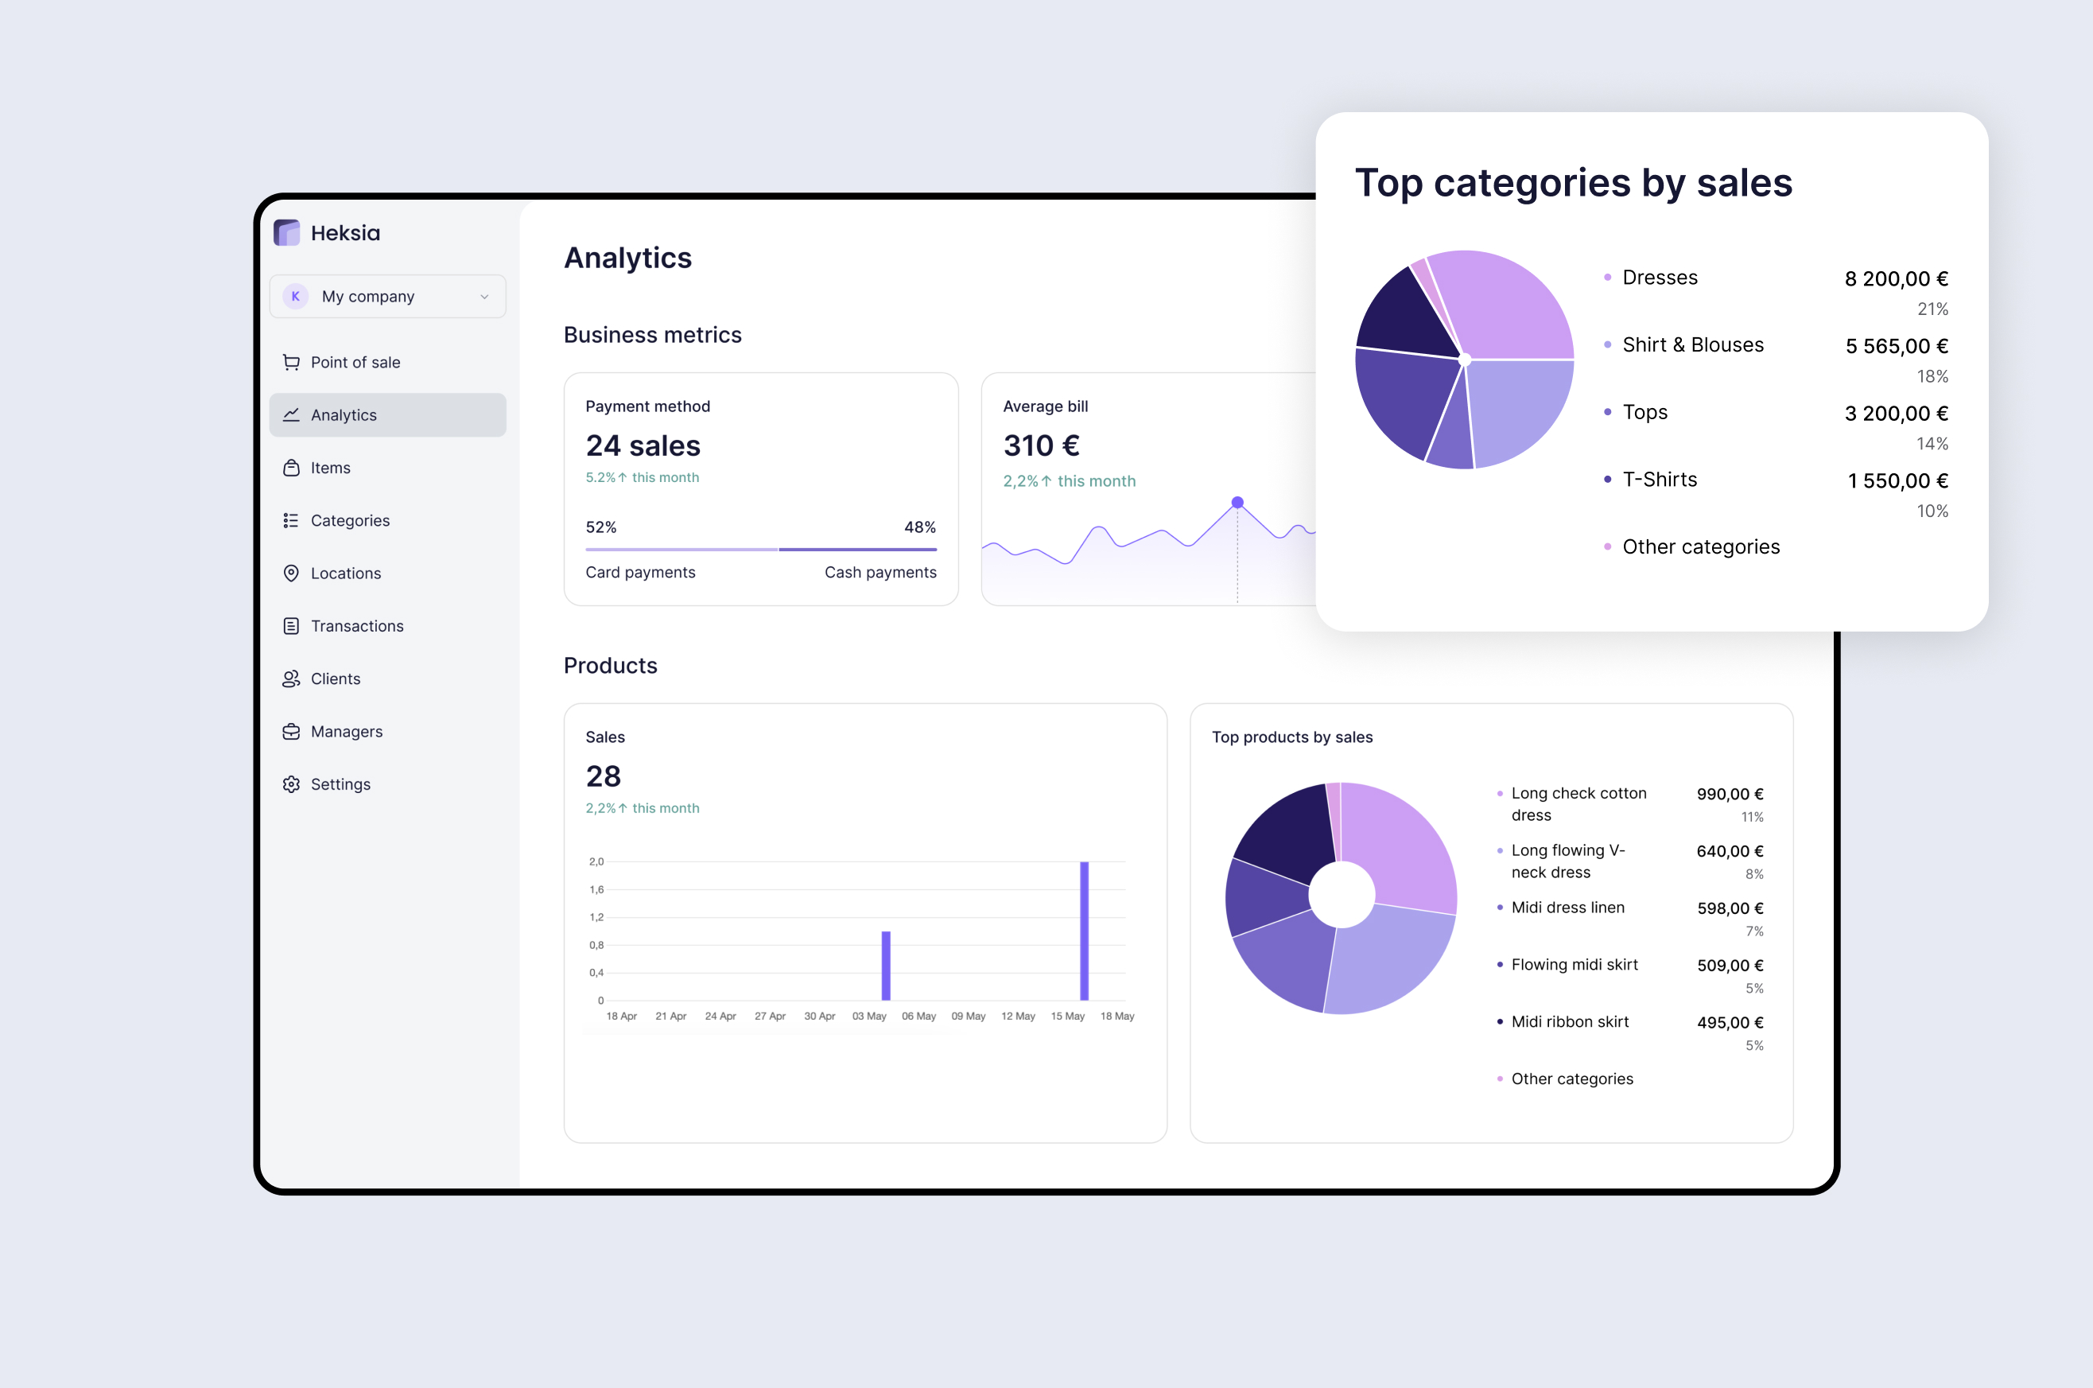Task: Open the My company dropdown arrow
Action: coord(484,297)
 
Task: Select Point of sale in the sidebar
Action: coord(355,362)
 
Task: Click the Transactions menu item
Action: coord(356,626)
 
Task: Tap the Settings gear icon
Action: coord(291,784)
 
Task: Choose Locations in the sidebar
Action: coord(345,573)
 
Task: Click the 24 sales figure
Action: coord(643,445)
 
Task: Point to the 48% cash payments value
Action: coord(919,527)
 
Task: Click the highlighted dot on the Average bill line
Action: coord(1237,503)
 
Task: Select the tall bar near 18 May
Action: coord(1084,931)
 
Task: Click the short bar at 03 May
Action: coord(886,966)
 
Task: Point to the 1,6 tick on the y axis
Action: coord(596,889)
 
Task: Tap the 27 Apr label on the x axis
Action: coord(770,1017)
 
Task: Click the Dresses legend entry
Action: coord(1660,278)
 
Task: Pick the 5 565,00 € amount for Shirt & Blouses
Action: coord(1896,346)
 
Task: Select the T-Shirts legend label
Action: coord(1660,480)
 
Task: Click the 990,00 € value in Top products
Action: coord(1730,794)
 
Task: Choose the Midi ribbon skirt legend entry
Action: coord(1569,1021)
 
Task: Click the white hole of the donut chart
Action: coord(1341,895)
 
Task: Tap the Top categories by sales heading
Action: coord(1574,183)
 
